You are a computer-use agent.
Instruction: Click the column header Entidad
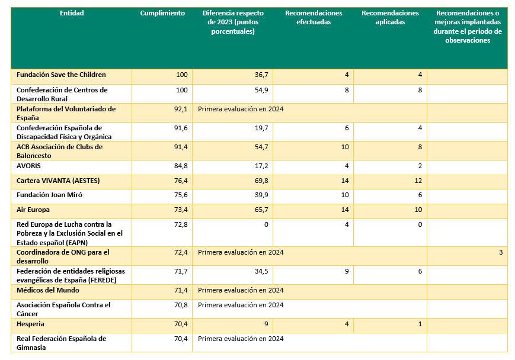(72, 13)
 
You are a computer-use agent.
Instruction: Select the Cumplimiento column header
(162, 13)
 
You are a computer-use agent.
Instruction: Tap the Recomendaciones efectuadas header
(314, 17)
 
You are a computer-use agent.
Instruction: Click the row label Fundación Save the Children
(61, 75)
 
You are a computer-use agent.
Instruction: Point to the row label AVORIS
(28, 166)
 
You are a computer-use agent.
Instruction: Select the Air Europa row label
(33, 210)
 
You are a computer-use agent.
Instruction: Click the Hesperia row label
(30, 324)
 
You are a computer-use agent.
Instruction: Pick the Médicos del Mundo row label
(48, 290)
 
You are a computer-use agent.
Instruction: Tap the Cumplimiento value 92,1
(181, 109)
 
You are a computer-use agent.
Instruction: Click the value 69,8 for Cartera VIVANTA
(261, 181)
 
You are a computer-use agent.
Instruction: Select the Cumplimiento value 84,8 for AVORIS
(181, 166)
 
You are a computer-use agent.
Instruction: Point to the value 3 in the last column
(501, 252)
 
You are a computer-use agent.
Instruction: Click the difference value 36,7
(261, 75)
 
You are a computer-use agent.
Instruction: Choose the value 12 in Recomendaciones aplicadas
(418, 181)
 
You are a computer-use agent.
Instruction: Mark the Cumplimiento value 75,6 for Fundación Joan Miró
(181, 195)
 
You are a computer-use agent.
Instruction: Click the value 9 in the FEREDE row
(347, 271)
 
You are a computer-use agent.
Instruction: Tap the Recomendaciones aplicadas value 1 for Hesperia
(420, 324)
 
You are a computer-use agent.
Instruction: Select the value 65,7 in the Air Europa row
(261, 210)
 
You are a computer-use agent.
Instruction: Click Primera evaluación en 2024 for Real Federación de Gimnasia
(241, 339)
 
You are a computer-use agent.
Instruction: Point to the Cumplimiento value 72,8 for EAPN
(181, 224)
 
